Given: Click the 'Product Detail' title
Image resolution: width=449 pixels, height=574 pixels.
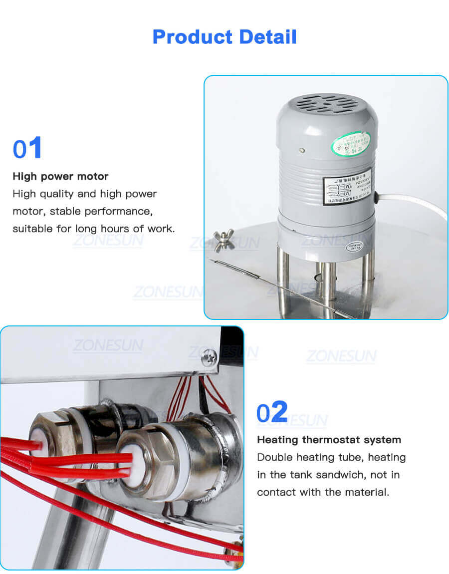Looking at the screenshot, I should click(x=224, y=37).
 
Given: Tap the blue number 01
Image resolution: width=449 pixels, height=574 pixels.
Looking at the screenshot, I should click(x=27, y=149).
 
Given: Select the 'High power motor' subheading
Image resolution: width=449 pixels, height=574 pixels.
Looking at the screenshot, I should click(x=60, y=176).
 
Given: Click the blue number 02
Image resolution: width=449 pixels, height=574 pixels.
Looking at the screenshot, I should click(x=272, y=412).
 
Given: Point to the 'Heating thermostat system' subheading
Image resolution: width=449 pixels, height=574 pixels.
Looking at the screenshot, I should click(x=329, y=440).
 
